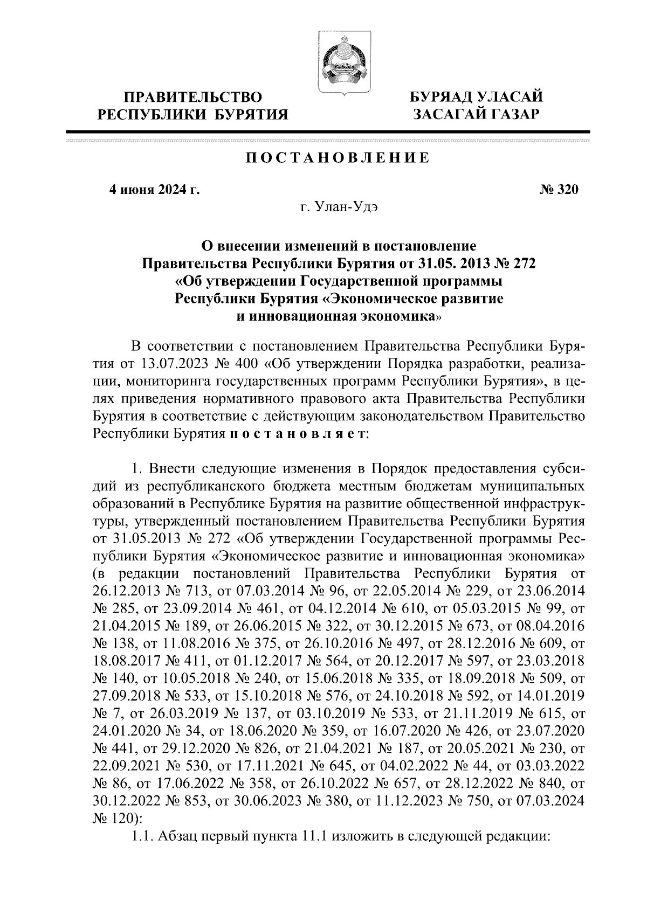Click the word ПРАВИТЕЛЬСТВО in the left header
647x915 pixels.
(193, 98)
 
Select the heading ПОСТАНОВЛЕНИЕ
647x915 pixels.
(338, 158)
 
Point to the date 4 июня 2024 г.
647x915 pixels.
(154, 190)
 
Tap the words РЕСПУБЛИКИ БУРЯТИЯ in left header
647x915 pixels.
(193, 114)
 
